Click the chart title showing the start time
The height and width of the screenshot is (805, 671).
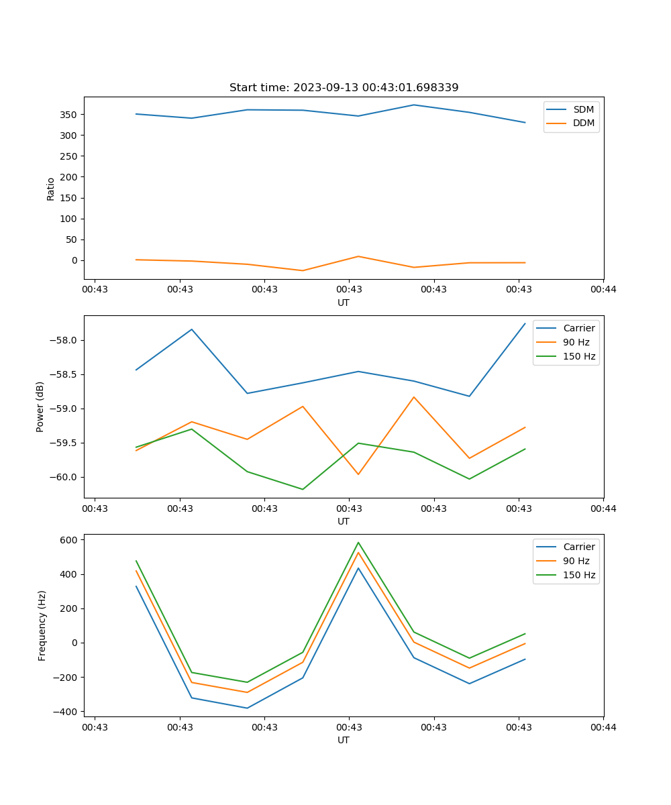tap(344, 88)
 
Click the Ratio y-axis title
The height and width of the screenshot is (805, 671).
tap(50, 189)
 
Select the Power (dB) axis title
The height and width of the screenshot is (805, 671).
tap(40, 407)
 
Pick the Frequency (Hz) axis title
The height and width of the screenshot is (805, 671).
tap(42, 625)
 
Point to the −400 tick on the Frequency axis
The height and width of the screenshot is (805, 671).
tap(67, 711)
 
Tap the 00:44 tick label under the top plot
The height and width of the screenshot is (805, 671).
tap(603, 290)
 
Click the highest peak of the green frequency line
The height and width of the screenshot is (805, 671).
tap(358, 542)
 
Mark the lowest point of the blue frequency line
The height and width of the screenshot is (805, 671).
tap(247, 708)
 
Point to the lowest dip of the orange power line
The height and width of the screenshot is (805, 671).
tap(358, 474)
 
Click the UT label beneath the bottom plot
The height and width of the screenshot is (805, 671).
tap(344, 740)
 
